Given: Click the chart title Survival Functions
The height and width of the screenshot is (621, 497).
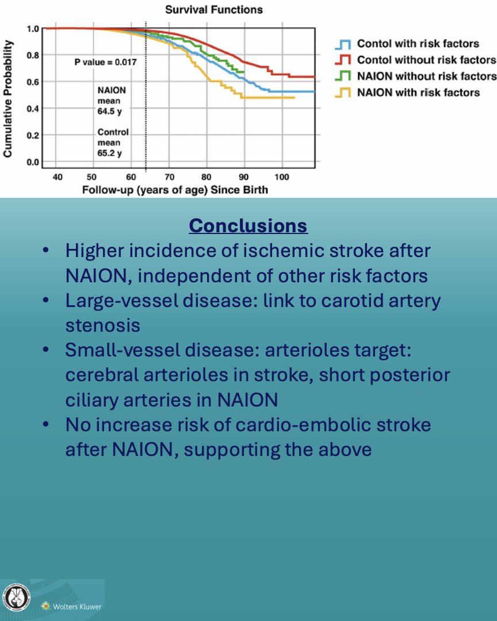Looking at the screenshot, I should pyautogui.click(x=214, y=10).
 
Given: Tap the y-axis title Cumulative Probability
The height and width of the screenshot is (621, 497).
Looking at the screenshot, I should pyautogui.click(x=8, y=99).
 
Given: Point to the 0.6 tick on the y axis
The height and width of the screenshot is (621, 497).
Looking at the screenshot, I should pyautogui.click(x=33, y=82).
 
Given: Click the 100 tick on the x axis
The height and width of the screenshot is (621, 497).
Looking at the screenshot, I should pyautogui.click(x=281, y=176).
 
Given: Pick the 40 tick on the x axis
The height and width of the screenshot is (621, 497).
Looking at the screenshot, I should pyautogui.click(x=58, y=176).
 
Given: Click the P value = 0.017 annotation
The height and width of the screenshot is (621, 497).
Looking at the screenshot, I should pyautogui.click(x=105, y=61).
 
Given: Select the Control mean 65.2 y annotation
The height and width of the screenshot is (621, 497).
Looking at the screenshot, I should pyautogui.click(x=113, y=143).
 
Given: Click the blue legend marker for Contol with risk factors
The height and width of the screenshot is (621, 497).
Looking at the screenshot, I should pyautogui.click(x=343, y=44).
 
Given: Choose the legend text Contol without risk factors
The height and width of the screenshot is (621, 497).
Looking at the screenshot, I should pyautogui.click(x=426, y=60).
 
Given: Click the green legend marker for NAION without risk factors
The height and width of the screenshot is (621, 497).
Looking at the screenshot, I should pyautogui.click(x=343, y=76).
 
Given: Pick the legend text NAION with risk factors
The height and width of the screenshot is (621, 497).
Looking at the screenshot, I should pyautogui.click(x=418, y=92).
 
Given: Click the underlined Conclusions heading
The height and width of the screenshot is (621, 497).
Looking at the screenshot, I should pyautogui.click(x=248, y=225).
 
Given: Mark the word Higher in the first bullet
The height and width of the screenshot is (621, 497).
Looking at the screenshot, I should pyautogui.click(x=95, y=251).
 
